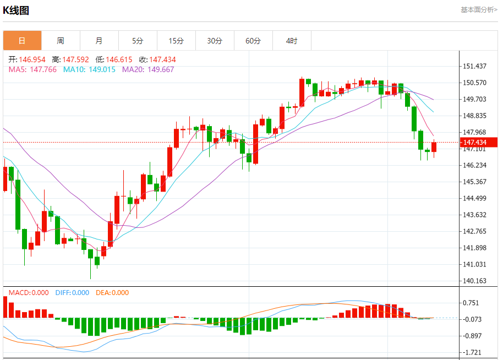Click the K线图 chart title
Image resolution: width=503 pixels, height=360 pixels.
[x=16, y=10]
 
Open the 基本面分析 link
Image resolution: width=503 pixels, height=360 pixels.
[x=479, y=10]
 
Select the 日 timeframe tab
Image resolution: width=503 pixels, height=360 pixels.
[x=22, y=41]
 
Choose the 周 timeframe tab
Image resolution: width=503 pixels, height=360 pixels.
[x=61, y=41]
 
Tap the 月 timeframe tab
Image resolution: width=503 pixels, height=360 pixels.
[x=99, y=41]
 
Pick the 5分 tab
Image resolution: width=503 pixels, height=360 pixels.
[x=138, y=41]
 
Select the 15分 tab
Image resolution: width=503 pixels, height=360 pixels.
[x=176, y=41]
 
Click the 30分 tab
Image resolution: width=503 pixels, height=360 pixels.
[x=215, y=41]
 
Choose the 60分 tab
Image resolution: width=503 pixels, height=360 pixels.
[x=253, y=41]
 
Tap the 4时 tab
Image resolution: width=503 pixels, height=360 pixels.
[x=292, y=41]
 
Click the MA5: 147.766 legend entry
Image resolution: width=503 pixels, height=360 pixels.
[x=32, y=69]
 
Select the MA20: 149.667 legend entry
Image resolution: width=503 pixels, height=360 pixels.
[x=148, y=69]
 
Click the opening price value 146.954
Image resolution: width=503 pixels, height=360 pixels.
[x=31, y=59]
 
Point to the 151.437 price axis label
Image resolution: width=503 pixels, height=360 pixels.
[x=474, y=66]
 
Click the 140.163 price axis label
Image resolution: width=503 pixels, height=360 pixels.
[x=474, y=281]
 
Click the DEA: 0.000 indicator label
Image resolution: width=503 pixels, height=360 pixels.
[x=112, y=293]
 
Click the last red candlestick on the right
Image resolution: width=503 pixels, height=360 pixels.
[x=434, y=147]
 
